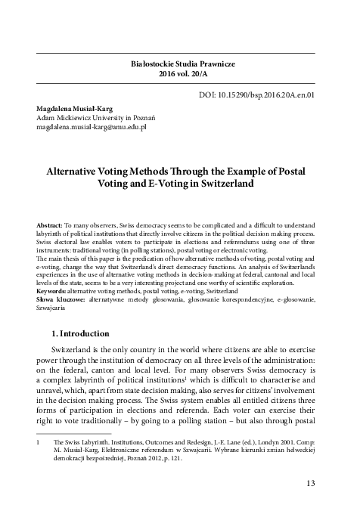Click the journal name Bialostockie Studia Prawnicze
point(179,66)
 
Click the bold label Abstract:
point(50,226)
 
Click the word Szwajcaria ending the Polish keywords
point(52,308)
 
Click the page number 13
point(318,484)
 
